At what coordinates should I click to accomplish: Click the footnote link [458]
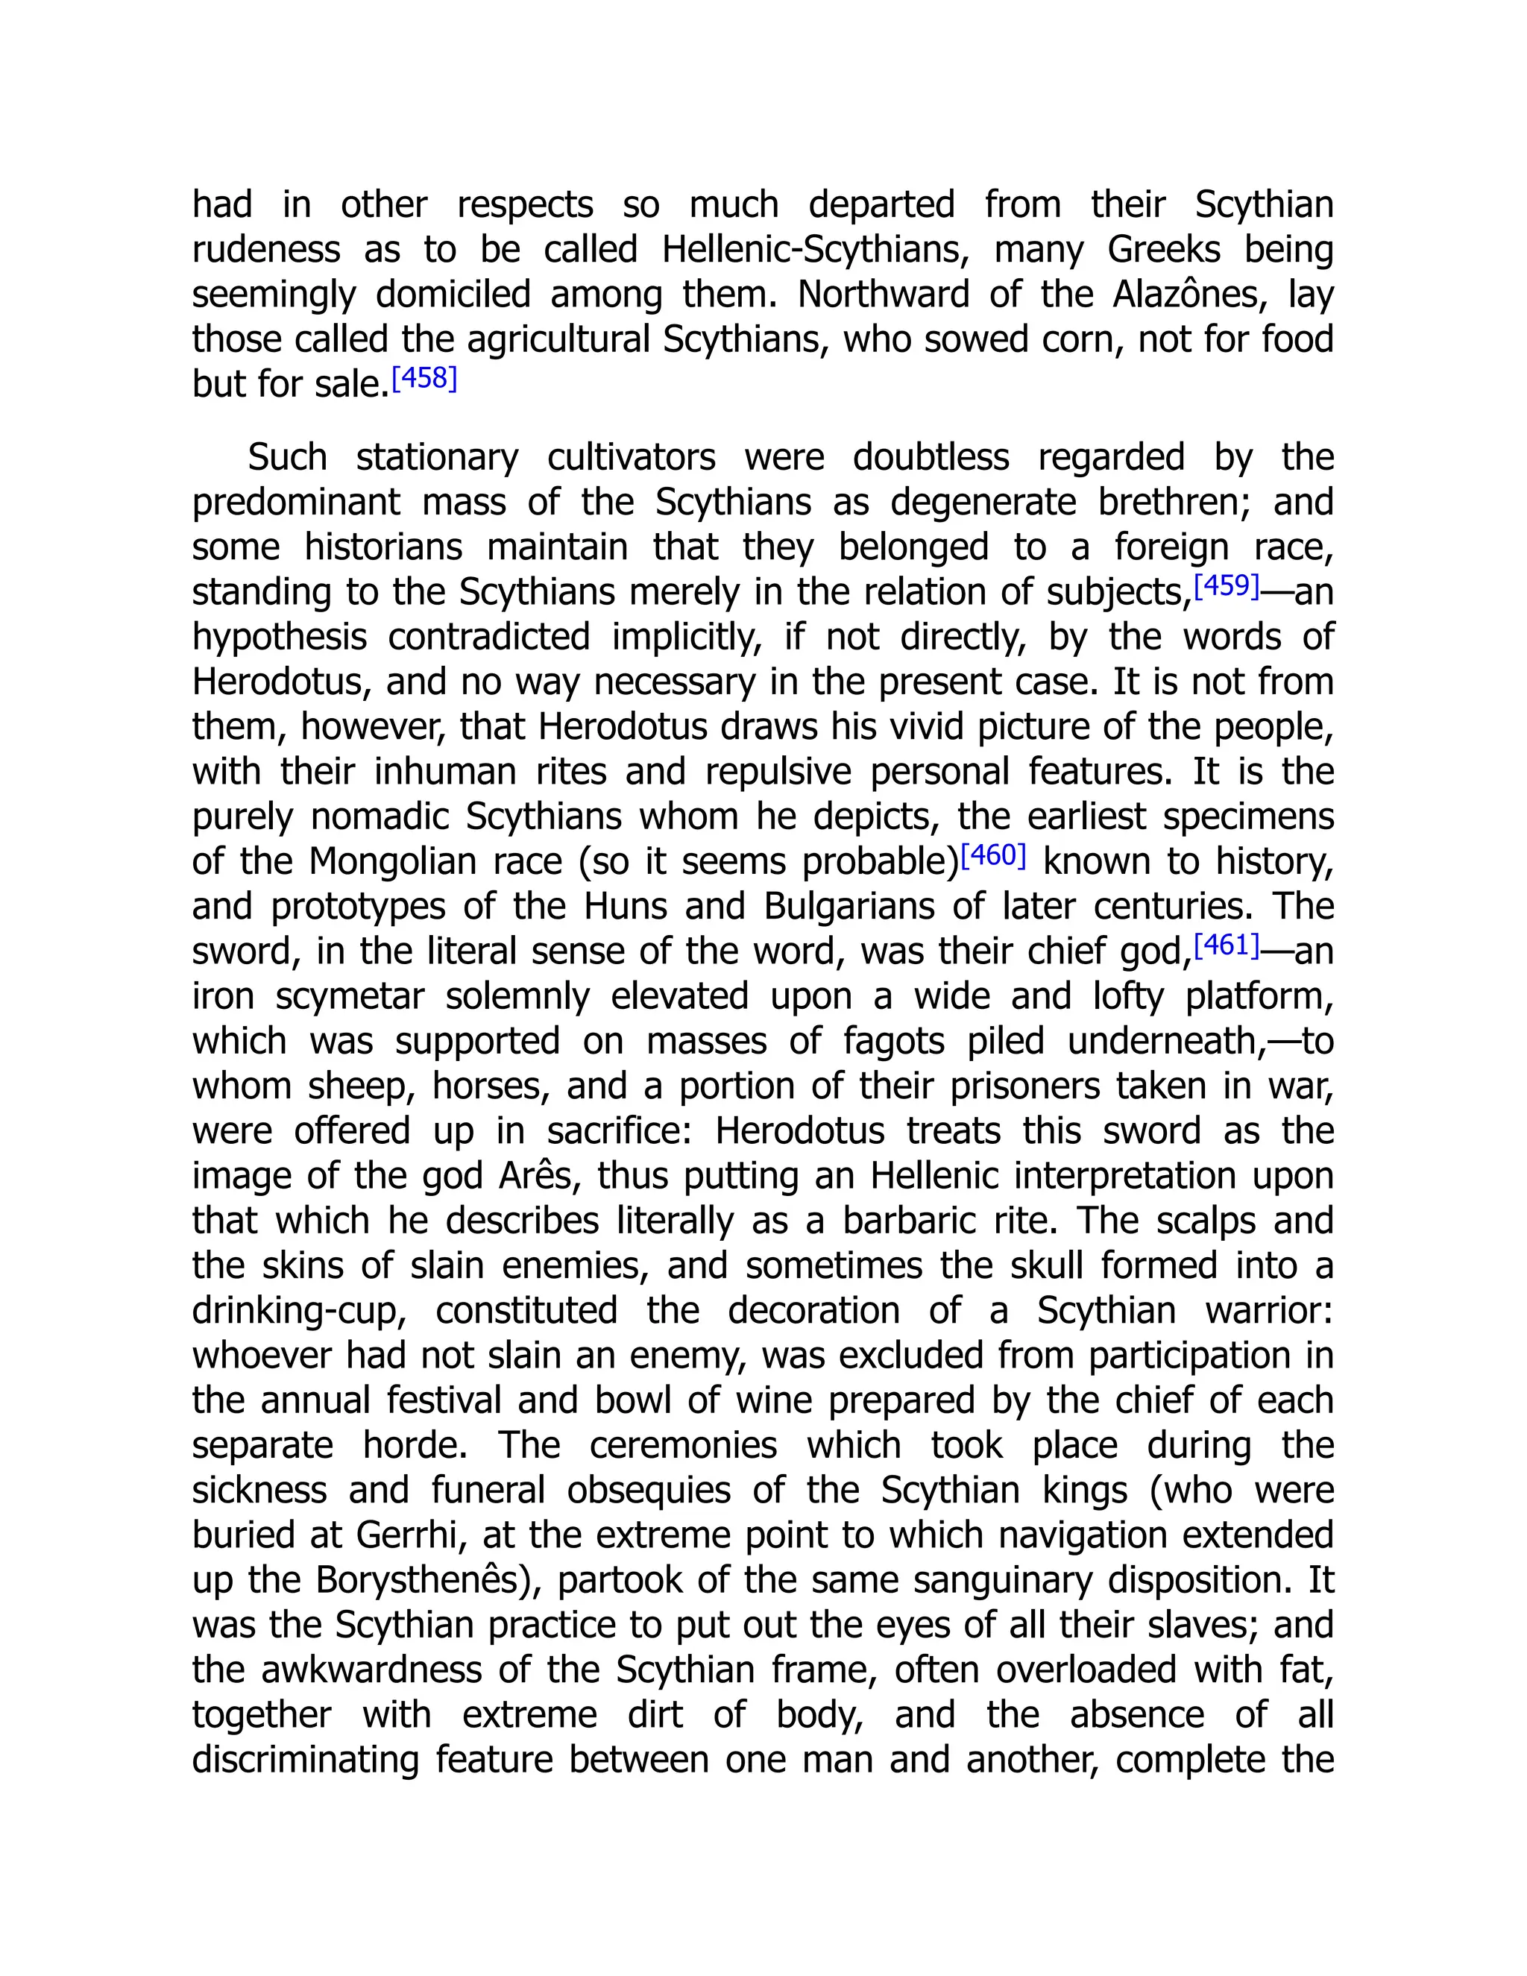424,378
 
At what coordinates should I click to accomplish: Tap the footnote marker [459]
1227,586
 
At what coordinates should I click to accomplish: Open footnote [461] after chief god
1227,945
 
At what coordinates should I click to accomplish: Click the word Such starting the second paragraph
287,458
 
